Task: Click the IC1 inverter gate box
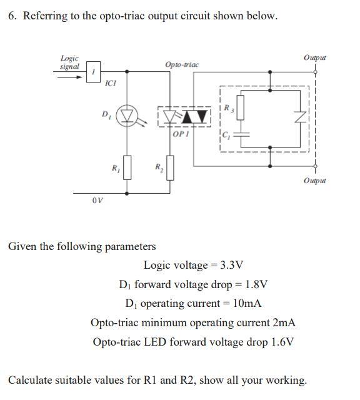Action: click(x=94, y=70)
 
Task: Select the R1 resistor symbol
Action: click(x=127, y=167)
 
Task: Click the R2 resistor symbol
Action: click(x=168, y=167)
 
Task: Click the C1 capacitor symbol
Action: click(x=239, y=134)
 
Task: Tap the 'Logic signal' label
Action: click(x=69, y=62)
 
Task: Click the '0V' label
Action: click(x=96, y=201)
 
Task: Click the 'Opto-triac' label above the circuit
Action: click(x=182, y=65)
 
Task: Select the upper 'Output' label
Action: click(x=314, y=57)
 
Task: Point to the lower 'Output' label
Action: click(x=314, y=181)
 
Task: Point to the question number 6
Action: click(x=12, y=16)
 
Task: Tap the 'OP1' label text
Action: click(x=181, y=134)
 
